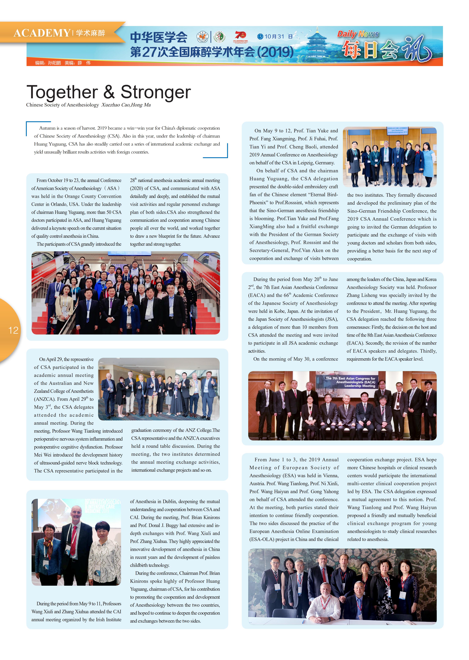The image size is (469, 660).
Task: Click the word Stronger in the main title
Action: click(x=156, y=92)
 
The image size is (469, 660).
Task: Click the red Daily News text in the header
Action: click(x=358, y=34)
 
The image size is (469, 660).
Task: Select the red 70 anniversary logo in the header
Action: click(x=240, y=36)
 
